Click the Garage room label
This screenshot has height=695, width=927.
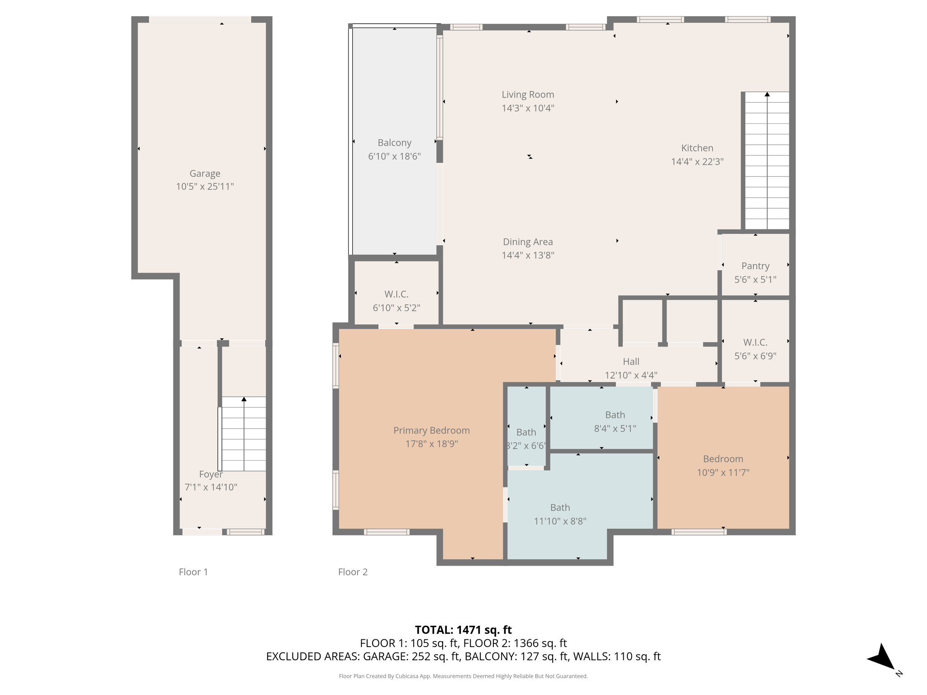[205, 173]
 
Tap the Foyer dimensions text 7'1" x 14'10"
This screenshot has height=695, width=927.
[210, 487]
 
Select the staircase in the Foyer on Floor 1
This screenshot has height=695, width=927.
[244, 434]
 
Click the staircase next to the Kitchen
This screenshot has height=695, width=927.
[767, 161]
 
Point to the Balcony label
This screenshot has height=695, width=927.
[394, 143]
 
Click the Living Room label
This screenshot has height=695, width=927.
[527, 95]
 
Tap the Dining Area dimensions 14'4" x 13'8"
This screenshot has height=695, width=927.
[527, 255]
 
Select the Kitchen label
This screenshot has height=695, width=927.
[697, 148]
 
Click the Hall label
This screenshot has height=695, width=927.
[631, 362]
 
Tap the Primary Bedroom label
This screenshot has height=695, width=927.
[431, 430]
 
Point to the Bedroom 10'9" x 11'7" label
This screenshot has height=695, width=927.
[722, 459]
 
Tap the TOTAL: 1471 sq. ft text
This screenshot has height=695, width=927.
[463, 629]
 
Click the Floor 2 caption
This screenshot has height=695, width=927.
[353, 572]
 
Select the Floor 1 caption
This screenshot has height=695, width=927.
[193, 572]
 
